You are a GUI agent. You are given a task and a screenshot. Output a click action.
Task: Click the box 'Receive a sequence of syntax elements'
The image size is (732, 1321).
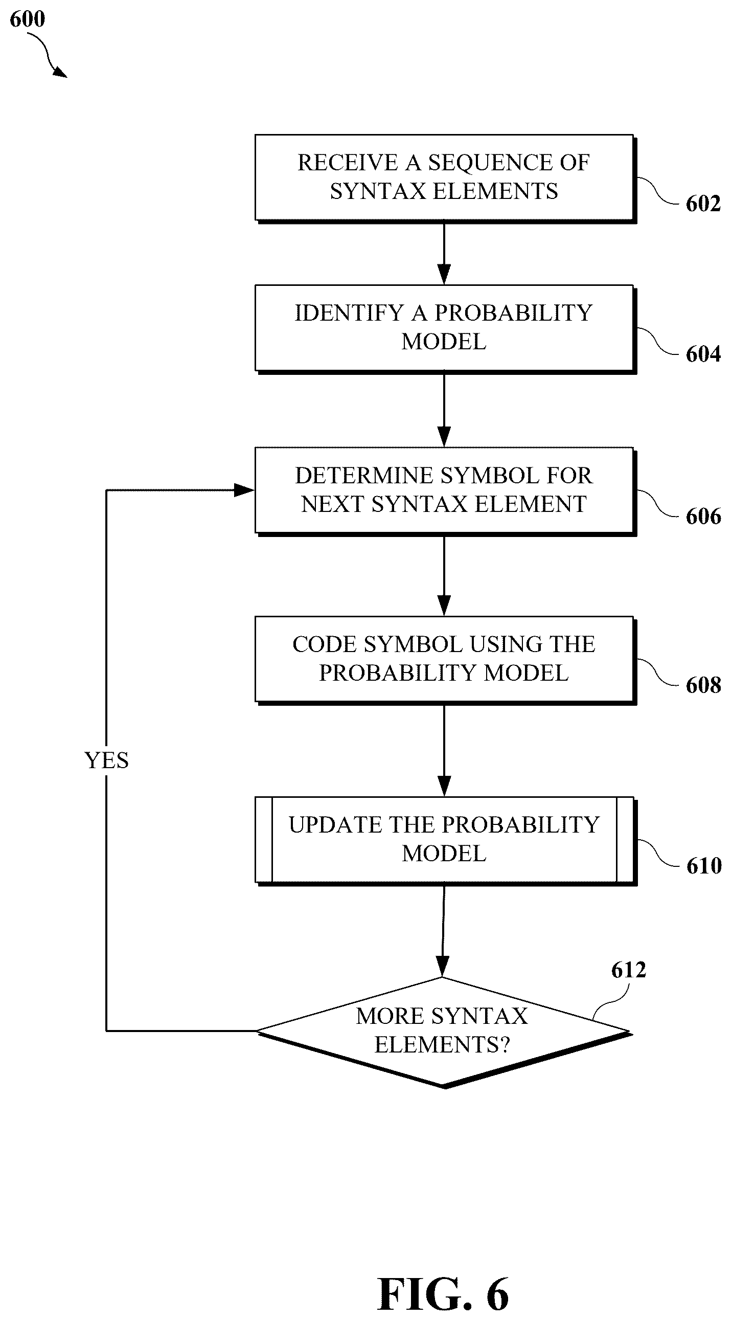point(445,178)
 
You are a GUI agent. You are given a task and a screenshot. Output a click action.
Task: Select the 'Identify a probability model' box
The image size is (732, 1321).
point(445,329)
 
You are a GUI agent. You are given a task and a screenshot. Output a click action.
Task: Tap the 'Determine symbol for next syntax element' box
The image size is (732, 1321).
point(445,491)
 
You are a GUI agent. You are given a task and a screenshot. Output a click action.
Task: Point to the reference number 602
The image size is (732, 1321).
point(703,204)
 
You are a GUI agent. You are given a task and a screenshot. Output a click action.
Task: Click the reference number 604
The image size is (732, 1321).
point(703,354)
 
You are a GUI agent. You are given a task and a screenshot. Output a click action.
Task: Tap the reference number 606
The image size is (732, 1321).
point(703,517)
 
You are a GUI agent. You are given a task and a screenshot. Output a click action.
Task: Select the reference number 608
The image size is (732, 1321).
point(703,686)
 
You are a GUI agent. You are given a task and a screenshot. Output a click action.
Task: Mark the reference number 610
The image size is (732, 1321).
point(703,866)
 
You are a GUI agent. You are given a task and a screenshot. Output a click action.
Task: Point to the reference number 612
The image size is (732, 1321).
point(628,970)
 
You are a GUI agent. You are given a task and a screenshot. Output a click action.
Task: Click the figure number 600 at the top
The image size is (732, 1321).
point(28,19)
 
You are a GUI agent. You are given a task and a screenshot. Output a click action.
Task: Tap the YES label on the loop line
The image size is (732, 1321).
point(107,760)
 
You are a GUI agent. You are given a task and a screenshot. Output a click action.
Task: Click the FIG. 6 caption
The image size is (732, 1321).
point(443,1293)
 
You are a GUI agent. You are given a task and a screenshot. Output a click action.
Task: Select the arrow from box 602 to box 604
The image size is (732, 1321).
point(444,254)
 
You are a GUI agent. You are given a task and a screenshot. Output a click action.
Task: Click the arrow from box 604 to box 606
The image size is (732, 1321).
point(444,411)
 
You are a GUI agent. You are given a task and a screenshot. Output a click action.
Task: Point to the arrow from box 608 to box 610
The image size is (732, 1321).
point(444,751)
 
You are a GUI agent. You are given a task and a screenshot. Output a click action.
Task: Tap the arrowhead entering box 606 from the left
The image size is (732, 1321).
point(245,490)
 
